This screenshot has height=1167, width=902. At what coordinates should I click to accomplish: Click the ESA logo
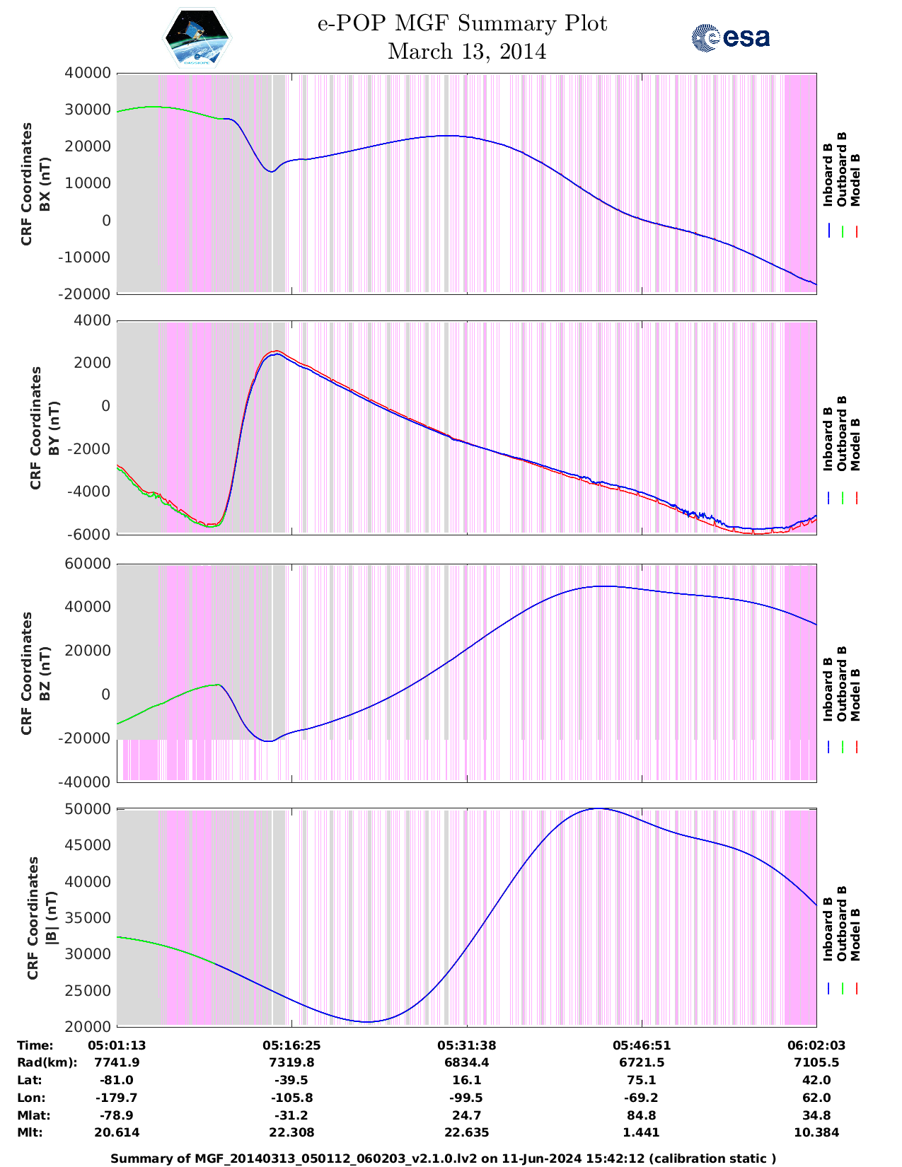[x=730, y=37]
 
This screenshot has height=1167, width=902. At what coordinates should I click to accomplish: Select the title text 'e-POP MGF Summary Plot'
[x=462, y=24]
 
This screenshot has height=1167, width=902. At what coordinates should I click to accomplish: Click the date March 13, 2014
[x=467, y=52]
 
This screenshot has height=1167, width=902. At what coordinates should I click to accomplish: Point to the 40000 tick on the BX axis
[x=88, y=73]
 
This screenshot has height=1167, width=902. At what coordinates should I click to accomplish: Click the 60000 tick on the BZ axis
[x=88, y=564]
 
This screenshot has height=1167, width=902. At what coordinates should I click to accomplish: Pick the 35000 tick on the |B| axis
[x=88, y=918]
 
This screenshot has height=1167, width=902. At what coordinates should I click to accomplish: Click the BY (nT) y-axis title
[x=36, y=427]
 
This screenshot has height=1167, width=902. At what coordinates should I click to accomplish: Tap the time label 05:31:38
[x=467, y=1045]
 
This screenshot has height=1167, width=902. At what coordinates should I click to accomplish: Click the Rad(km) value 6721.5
[x=641, y=1062]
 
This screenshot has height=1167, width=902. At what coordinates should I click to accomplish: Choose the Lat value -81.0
[x=117, y=1080]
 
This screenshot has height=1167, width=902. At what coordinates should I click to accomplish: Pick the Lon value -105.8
[x=291, y=1098]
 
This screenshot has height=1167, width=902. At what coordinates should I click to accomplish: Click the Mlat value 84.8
[x=641, y=1115]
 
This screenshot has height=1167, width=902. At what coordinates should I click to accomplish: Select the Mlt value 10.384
[x=816, y=1132]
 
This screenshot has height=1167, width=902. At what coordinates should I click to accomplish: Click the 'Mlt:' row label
[x=30, y=1132]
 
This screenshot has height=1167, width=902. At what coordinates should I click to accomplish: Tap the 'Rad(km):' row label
[x=47, y=1062]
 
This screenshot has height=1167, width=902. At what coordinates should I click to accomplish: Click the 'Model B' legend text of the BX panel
[x=855, y=180]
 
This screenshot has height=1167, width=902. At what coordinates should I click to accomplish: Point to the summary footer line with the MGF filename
[x=444, y=1158]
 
